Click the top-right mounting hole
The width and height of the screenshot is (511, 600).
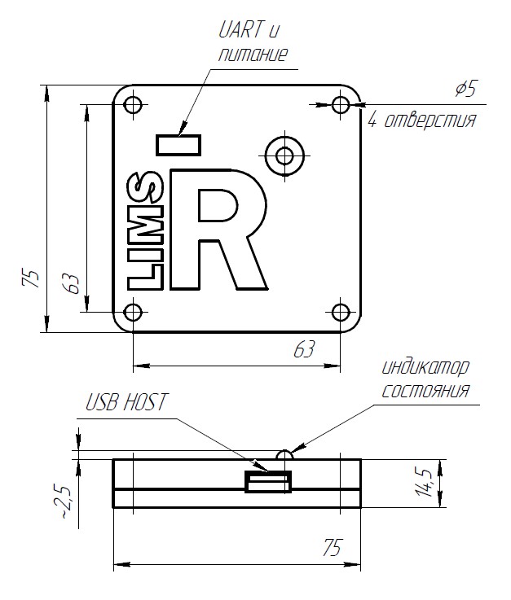coord(341,104)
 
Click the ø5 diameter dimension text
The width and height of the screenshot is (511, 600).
coord(465,90)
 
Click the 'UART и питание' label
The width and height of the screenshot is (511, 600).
coord(252,43)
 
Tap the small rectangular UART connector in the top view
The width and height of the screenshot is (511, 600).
coord(178,145)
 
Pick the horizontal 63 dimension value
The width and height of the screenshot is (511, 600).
coord(303,351)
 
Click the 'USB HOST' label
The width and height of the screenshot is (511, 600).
coord(126,402)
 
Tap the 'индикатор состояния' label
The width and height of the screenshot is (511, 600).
coord(426,379)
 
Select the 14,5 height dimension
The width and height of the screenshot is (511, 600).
coord(424,483)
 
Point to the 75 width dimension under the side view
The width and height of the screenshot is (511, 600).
coord(330,547)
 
